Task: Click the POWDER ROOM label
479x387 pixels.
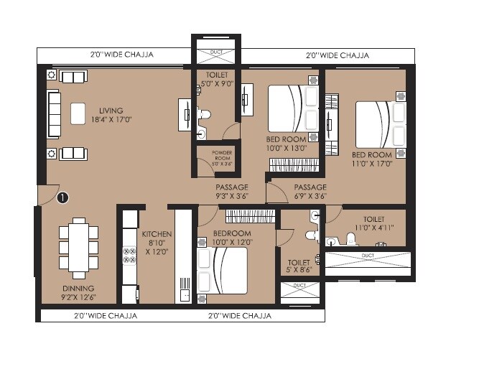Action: coord(221,158)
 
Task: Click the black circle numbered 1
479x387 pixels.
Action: coord(62,195)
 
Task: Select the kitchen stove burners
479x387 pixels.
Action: coord(130,256)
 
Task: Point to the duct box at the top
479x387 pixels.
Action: coord(215,53)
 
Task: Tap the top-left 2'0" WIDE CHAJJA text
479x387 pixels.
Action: coord(121,55)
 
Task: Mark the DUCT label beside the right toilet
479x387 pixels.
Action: coord(368,255)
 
